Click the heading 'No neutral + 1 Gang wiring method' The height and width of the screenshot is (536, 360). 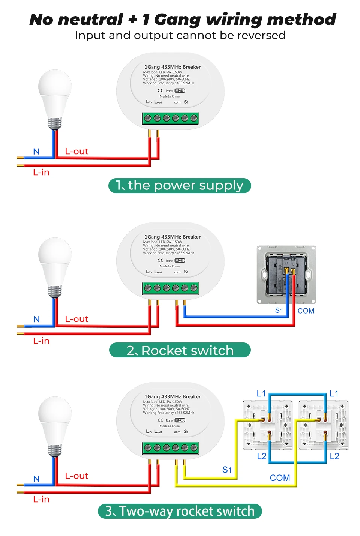point(183,20)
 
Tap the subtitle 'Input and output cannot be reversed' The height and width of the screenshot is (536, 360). point(180,35)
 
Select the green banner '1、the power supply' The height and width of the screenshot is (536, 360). point(180,186)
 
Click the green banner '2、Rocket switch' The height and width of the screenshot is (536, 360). point(180,350)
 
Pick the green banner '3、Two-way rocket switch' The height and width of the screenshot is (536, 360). point(180,511)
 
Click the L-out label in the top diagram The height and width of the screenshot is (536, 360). point(76,151)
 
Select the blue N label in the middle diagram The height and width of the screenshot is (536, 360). point(36,319)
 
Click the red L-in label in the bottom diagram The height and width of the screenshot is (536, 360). point(41,499)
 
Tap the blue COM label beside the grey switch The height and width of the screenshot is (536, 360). point(306,311)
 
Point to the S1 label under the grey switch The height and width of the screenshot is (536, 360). point(279,310)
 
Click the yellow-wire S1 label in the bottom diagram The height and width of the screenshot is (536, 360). point(227,470)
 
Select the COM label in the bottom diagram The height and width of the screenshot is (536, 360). point(280,478)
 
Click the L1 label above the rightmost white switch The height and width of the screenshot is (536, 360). point(334,393)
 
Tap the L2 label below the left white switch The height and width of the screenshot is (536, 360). point(262,456)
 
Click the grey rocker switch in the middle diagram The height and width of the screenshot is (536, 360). point(286,275)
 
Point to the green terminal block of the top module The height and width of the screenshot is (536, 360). point(170,118)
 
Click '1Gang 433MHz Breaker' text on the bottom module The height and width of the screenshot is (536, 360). point(172,396)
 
